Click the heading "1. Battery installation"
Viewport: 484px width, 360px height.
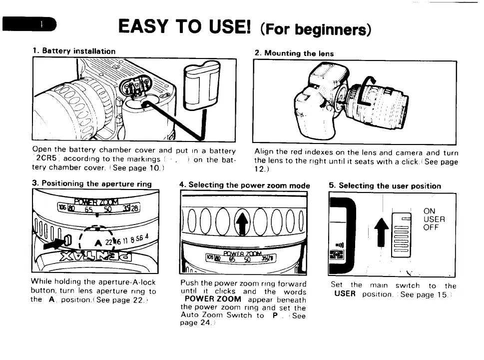pyautogui.click(x=74, y=51)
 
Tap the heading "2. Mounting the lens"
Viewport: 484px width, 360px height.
pyautogui.click(x=294, y=53)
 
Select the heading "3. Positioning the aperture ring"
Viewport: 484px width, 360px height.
pyautogui.click(x=91, y=184)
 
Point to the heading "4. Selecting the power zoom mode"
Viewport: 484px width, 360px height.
pyautogui.click(x=244, y=185)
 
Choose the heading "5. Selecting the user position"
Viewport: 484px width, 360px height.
pyautogui.click(x=385, y=185)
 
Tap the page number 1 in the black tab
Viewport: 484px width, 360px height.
pyautogui.click(x=42, y=24)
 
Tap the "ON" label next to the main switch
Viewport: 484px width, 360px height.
pyautogui.click(x=429, y=211)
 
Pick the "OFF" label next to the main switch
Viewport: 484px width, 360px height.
pyautogui.click(x=431, y=227)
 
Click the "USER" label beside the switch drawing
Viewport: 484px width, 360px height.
pyautogui.click(x=434, y=219)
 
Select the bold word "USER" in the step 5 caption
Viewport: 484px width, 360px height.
pyautogui.click(x=345, y=293)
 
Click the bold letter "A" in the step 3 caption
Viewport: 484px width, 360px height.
pyautogui.click(x=51, y=299)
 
